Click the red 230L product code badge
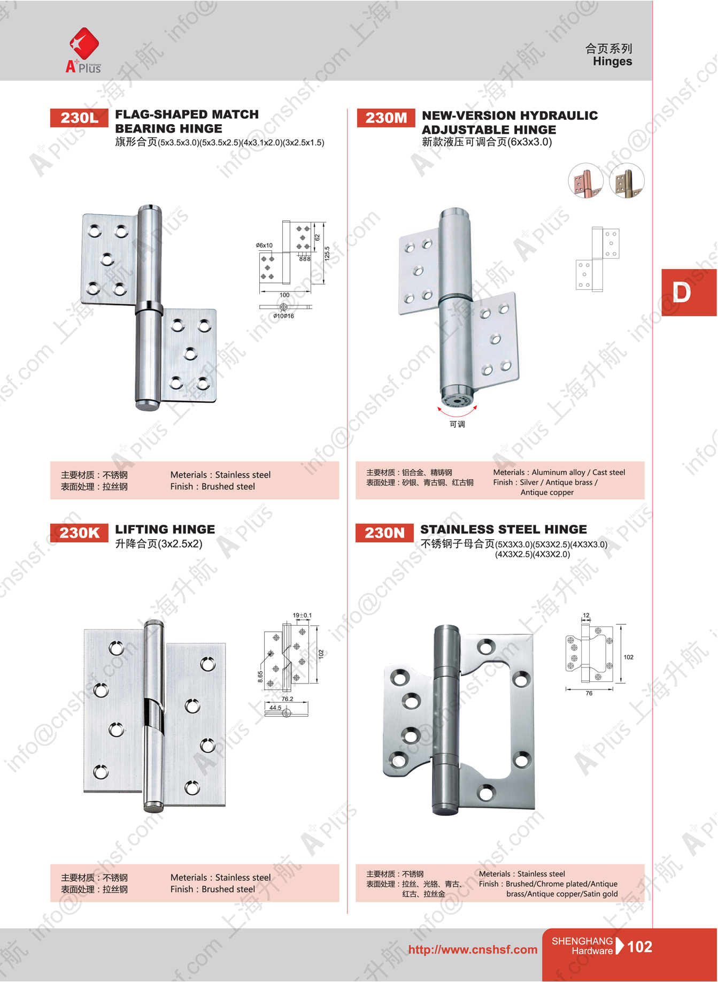point(79,118)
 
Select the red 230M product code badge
point(386,118)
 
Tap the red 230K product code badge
point(79,533)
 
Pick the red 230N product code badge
point(384,533)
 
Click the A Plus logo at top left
point(83,50)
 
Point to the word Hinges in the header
point(612,62)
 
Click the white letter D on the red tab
point(681,293)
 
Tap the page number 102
point(639,947)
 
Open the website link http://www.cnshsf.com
point(473,949)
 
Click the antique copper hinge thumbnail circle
point(586,180)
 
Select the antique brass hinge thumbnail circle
point(627,180)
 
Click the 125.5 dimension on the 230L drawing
point(327,253)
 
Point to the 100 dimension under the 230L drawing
point(284,295)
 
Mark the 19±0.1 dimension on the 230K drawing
point(302,615)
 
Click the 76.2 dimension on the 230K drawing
point(287,699)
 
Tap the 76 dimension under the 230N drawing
point(589,693)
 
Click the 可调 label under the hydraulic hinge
point(457,424)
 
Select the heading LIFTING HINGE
point(165,530)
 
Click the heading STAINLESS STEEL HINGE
point(504,530)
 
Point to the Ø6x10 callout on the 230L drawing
point(264,245)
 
